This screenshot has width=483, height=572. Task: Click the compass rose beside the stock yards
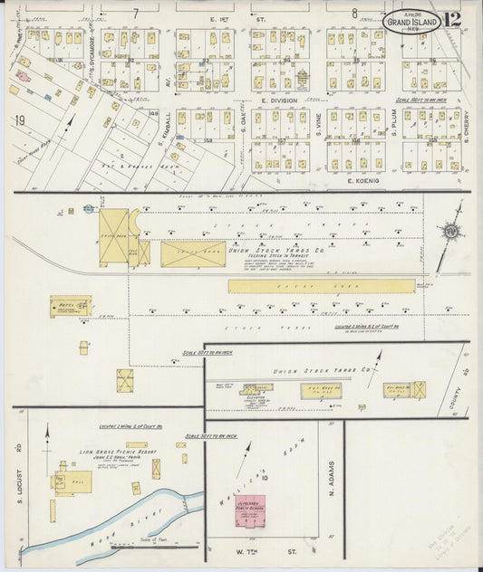[x=450, y=231]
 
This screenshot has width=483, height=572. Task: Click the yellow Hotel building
[x=70, y=307]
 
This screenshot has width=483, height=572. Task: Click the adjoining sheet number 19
[x=18, y=120]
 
